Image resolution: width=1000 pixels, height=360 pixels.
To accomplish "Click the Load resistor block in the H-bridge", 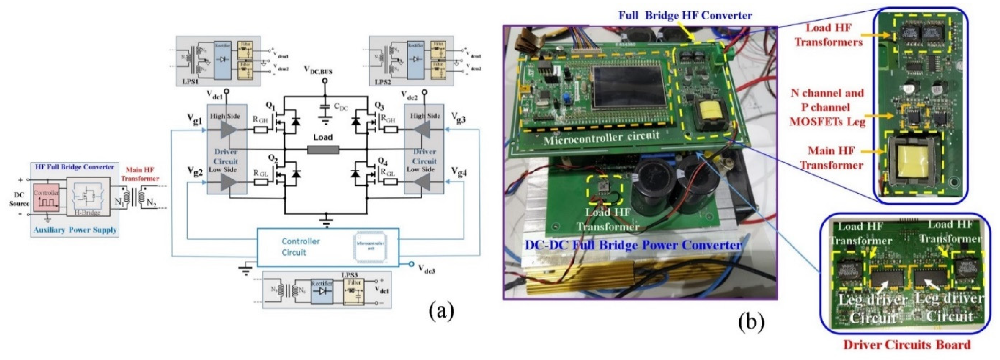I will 323,150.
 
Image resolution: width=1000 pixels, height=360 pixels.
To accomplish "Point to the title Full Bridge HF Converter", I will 685,15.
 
